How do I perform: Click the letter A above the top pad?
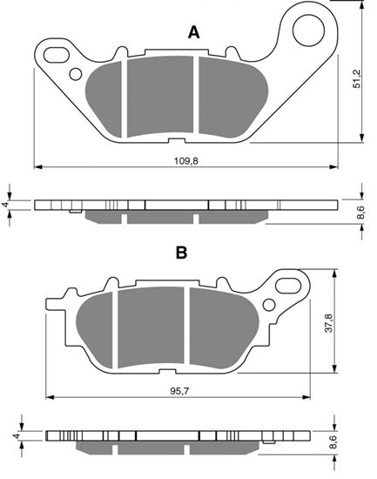click(194, 33)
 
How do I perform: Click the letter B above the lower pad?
click(182, 253)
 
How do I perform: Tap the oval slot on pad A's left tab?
click(56, 55)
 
